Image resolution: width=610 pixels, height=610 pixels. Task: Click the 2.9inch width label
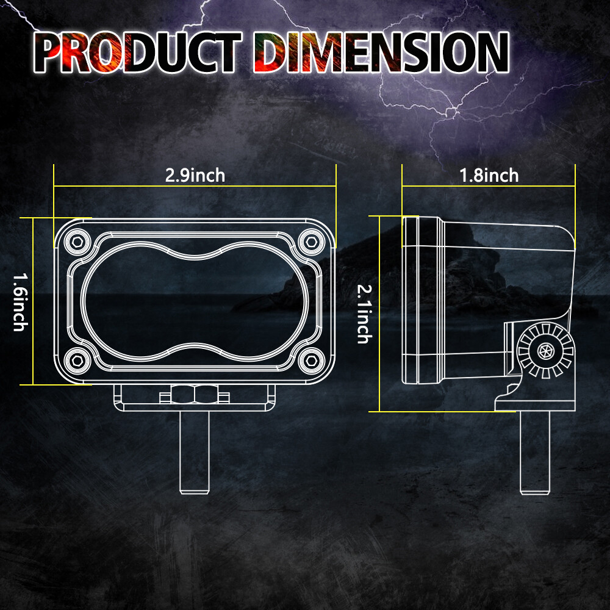pos(195,176)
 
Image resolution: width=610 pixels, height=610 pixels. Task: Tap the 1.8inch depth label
pos(489,176)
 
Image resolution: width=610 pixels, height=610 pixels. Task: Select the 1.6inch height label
pos(21,302)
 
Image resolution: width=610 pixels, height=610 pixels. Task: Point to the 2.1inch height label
pos(365,314)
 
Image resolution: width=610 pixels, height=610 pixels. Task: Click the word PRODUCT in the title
pos(138,52)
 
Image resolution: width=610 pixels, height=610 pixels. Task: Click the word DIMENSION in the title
pos(381,52)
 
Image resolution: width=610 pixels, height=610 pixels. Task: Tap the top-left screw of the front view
pos(77,242)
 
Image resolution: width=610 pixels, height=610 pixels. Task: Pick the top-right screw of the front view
pos(312,242)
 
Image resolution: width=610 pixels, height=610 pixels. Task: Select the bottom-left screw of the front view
pos(77,361)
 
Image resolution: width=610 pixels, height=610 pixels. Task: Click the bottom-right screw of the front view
pos(312,361)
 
